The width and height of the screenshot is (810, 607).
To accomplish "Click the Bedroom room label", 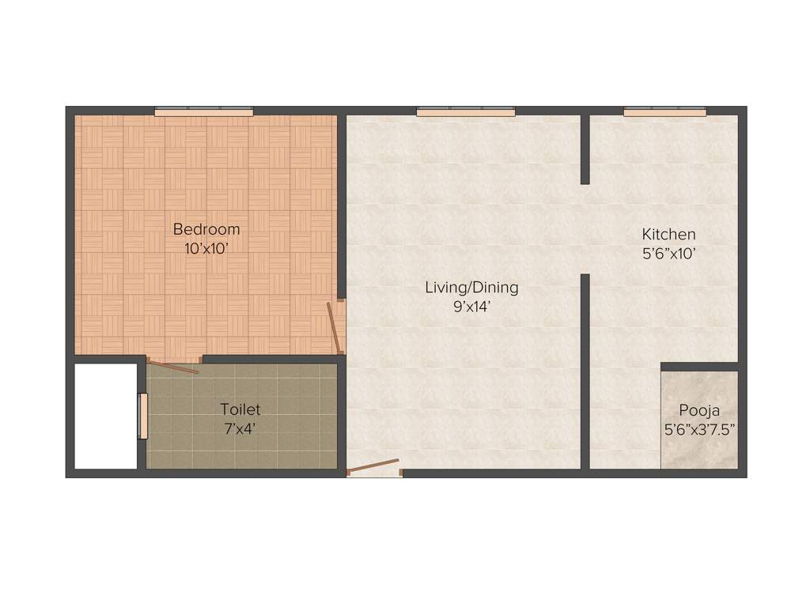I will (206, 230).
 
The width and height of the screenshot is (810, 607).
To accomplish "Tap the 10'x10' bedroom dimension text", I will (206, 248).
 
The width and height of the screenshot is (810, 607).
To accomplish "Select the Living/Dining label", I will (471, 288).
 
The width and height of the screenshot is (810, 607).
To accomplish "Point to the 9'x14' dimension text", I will (472, 307).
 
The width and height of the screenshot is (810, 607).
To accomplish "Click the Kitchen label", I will (668, 235).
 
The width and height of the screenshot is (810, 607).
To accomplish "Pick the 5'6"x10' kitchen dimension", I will (668, 254).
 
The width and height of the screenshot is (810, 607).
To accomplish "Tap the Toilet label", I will (240, 410).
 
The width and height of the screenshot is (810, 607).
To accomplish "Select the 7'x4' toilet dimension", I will (240, 428).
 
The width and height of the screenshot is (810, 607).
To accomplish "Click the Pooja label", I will (699, 411).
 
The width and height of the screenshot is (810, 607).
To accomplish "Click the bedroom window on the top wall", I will (203, 112).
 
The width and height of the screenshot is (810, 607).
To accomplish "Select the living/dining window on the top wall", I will (465, 112).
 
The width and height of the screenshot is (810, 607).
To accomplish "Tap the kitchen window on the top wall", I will (664, 112).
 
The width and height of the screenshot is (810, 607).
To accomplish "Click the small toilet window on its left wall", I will (143, 416).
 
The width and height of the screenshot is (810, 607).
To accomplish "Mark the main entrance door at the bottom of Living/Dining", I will (373, 466).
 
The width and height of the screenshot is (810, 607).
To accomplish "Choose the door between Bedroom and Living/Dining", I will (335, 327).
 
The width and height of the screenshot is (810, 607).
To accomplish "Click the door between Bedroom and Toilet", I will (173, 367).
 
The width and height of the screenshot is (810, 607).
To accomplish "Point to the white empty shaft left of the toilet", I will (105, 416).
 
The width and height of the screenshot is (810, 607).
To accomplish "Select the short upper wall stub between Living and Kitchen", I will (585, 149).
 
